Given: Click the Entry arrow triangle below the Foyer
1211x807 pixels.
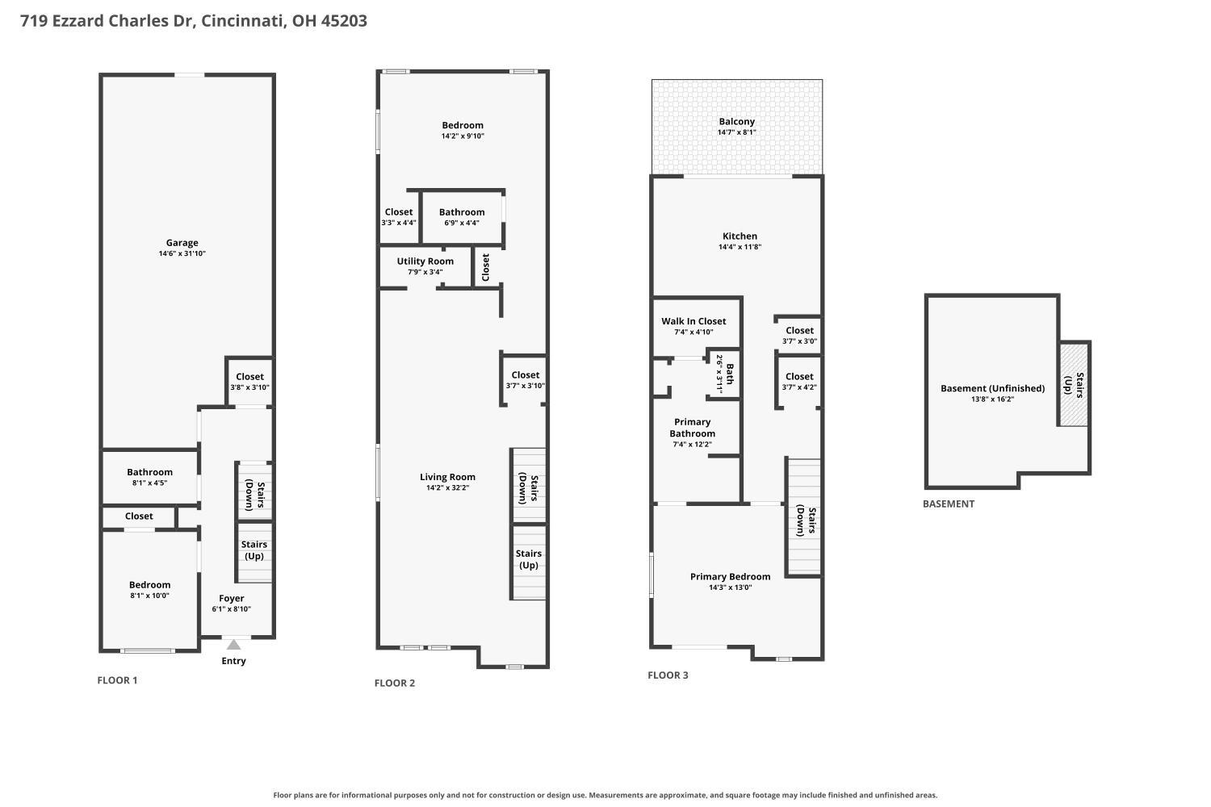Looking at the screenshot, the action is [233, 644].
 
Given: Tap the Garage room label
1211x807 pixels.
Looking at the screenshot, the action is [182, 243].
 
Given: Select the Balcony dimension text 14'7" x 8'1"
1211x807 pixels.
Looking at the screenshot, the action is [736, 132].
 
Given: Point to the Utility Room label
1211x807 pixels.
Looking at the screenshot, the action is [425, 261].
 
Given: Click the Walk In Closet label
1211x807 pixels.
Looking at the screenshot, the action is [693, 321].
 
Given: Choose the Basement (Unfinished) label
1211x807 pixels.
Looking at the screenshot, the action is [992, 388].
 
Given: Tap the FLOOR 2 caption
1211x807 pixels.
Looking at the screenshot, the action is [395, 684].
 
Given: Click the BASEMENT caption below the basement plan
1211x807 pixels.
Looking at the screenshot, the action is [949, 504].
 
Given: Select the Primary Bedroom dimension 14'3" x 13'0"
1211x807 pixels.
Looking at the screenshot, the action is [730, 587].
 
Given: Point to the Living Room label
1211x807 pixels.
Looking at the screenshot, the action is [447, 477].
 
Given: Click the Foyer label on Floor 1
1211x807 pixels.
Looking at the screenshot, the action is [232, 598].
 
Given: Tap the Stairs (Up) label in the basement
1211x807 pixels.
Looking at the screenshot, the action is [1074, 384].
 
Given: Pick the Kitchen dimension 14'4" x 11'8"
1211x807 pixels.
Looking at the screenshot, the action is [740, 247].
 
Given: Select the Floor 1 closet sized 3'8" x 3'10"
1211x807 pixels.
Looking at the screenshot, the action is [249, 382].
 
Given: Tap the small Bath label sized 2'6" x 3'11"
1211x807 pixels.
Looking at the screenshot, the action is [725, 374].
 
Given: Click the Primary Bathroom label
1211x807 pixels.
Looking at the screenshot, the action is [692, 428].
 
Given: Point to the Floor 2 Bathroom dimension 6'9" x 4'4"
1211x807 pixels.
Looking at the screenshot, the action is [462, 223].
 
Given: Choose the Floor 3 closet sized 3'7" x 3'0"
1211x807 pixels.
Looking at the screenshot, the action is [799, 336].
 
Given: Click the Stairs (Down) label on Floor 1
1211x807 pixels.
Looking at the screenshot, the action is [254, 495].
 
